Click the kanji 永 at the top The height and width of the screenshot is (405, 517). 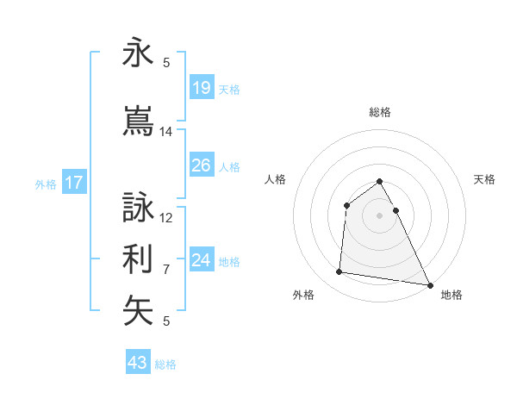(x=138, y=53)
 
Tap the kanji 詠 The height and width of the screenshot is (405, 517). (x=138, y=208)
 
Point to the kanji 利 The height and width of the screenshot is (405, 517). (x=138, y=258)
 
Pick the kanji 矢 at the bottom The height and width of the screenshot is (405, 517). (x=138, y=311)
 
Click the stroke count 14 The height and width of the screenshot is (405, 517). (x=166, y=132)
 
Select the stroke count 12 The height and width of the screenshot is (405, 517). (x=166, y=218)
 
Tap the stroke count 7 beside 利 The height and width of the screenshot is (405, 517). (x=166, y=270)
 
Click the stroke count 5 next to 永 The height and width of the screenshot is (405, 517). (x=166, y=63)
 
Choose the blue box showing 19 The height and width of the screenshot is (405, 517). (x=201, y=88)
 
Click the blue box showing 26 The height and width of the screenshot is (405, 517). (x=201, y=165)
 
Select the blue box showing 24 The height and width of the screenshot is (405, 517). (x=201, y=260)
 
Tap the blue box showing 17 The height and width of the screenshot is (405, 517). (x=73, y=183)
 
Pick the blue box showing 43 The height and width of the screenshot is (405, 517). (x=137, y=363)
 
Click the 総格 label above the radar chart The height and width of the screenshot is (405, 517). (x=379, y=112)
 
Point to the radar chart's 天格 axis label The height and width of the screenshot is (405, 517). (x=484, y=179)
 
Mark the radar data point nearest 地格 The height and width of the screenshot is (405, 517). (x=429, y=283)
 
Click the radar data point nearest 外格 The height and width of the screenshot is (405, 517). (x=339, y=272)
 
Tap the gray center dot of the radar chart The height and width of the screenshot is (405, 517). (x=379, y=215)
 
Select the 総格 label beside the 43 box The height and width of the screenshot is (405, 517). (x=165, y=364)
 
